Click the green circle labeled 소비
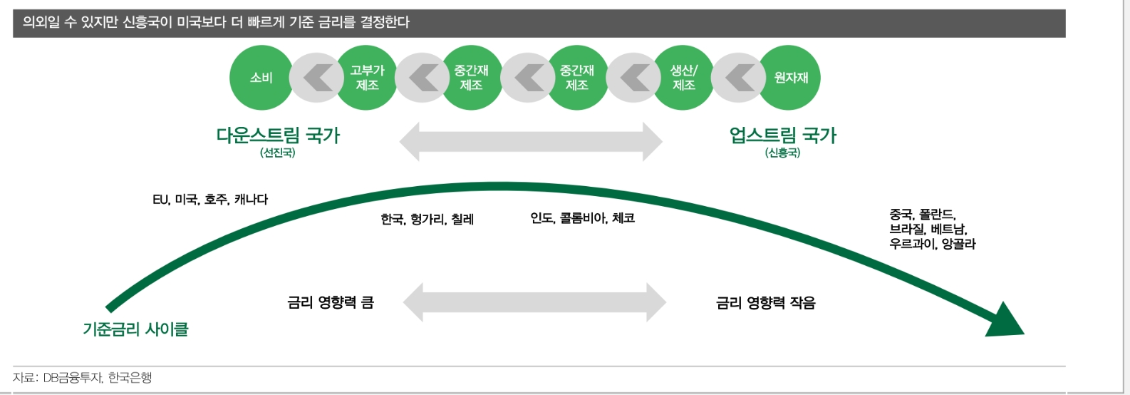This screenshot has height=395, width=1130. tap(261, 78)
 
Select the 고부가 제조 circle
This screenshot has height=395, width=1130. tap(367, 78)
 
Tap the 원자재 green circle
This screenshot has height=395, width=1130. tap(790, 78)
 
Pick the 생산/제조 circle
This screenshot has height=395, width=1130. tap(684, 78)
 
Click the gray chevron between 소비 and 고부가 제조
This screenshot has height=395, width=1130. tap(315, 78)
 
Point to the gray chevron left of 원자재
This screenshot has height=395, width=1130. tap(739, 78)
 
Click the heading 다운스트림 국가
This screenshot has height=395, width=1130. tap(278, 135)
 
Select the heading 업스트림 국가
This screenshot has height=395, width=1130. tap(782, 135)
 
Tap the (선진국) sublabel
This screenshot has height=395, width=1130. tap(278, 153)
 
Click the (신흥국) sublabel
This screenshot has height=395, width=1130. tap(782, 153)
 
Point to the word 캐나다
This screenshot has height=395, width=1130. tap(251, 200)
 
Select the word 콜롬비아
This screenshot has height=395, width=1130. tap(583, 218)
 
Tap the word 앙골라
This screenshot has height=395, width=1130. tap(958, 244)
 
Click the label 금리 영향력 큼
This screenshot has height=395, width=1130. tap(331, 303)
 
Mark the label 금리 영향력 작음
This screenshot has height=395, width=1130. tap(765, 303)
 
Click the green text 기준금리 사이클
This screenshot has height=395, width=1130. tap(135, 329)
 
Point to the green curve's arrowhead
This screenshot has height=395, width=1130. tap(1006, 321)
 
